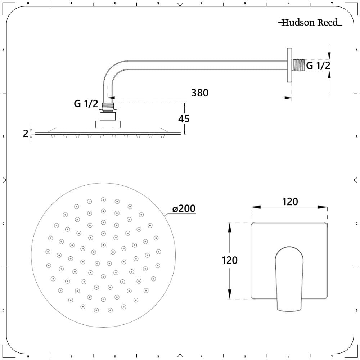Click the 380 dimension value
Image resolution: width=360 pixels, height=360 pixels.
pyautogui.click(x=200, y=93)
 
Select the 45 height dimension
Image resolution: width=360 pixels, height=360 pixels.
pyautogui.click(x=184, y=118)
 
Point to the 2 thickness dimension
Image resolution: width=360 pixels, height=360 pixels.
pyautogui.click(x=26, y=134)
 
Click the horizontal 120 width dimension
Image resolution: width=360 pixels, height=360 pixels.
pyautogui.click(x=290, y=202)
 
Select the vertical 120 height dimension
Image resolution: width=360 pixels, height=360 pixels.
pyautogui.click(x=230, y=260)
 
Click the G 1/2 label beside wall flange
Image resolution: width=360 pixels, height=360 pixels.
pyautogui.click(x=318, y=66)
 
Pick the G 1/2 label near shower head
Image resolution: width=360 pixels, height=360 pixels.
pyautogui.click(x=86, y=104)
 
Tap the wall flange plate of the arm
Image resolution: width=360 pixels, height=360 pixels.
pyautogui.click(x=289, y=66)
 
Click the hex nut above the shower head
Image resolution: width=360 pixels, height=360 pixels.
pyautogui.click(x=108, y=125)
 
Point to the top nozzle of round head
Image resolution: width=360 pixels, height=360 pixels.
pyautogui.click(x=103, y=199)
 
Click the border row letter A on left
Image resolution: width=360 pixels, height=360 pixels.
pyautogui.click(x=3, y=50)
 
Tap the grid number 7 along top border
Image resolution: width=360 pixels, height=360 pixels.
pyautogui.click(x=332, y=3)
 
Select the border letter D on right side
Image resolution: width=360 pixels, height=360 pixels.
pyautogui.click(x=356, y=310)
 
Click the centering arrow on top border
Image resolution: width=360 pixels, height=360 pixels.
pyautogui.click(x=180, y=4)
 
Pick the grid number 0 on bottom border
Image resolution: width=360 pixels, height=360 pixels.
pyautogui.click(x=28, y=357)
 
